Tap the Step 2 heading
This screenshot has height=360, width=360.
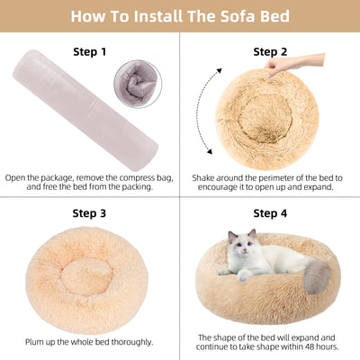click(270, 52)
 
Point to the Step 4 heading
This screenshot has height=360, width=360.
click(270, 213)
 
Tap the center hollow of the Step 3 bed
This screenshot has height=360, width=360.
click(87, 275)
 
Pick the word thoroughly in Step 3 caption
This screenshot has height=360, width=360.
click(130, 341)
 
